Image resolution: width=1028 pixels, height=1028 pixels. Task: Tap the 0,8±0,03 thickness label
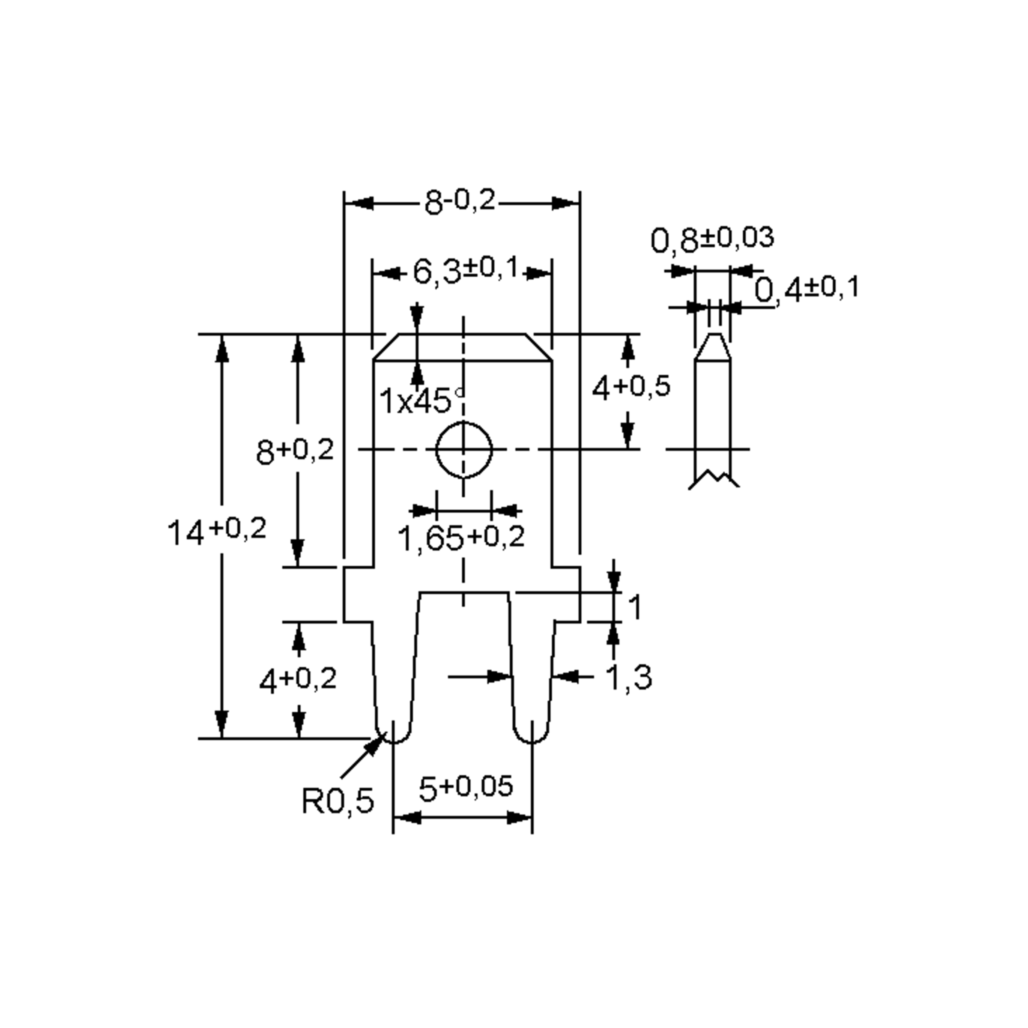[712, 239]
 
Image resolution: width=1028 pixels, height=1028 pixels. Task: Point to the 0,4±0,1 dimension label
[807, 289]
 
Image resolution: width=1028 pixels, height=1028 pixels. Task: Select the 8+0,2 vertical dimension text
[295, 451]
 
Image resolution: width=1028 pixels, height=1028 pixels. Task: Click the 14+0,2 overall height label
[217, 531]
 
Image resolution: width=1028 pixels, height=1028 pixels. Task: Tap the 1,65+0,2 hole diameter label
[461, 538]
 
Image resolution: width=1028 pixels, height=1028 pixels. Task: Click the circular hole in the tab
[464, 450]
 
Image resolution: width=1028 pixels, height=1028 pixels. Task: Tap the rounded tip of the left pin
[393, 735]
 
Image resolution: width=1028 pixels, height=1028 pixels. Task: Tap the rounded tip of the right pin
[532, 735]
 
